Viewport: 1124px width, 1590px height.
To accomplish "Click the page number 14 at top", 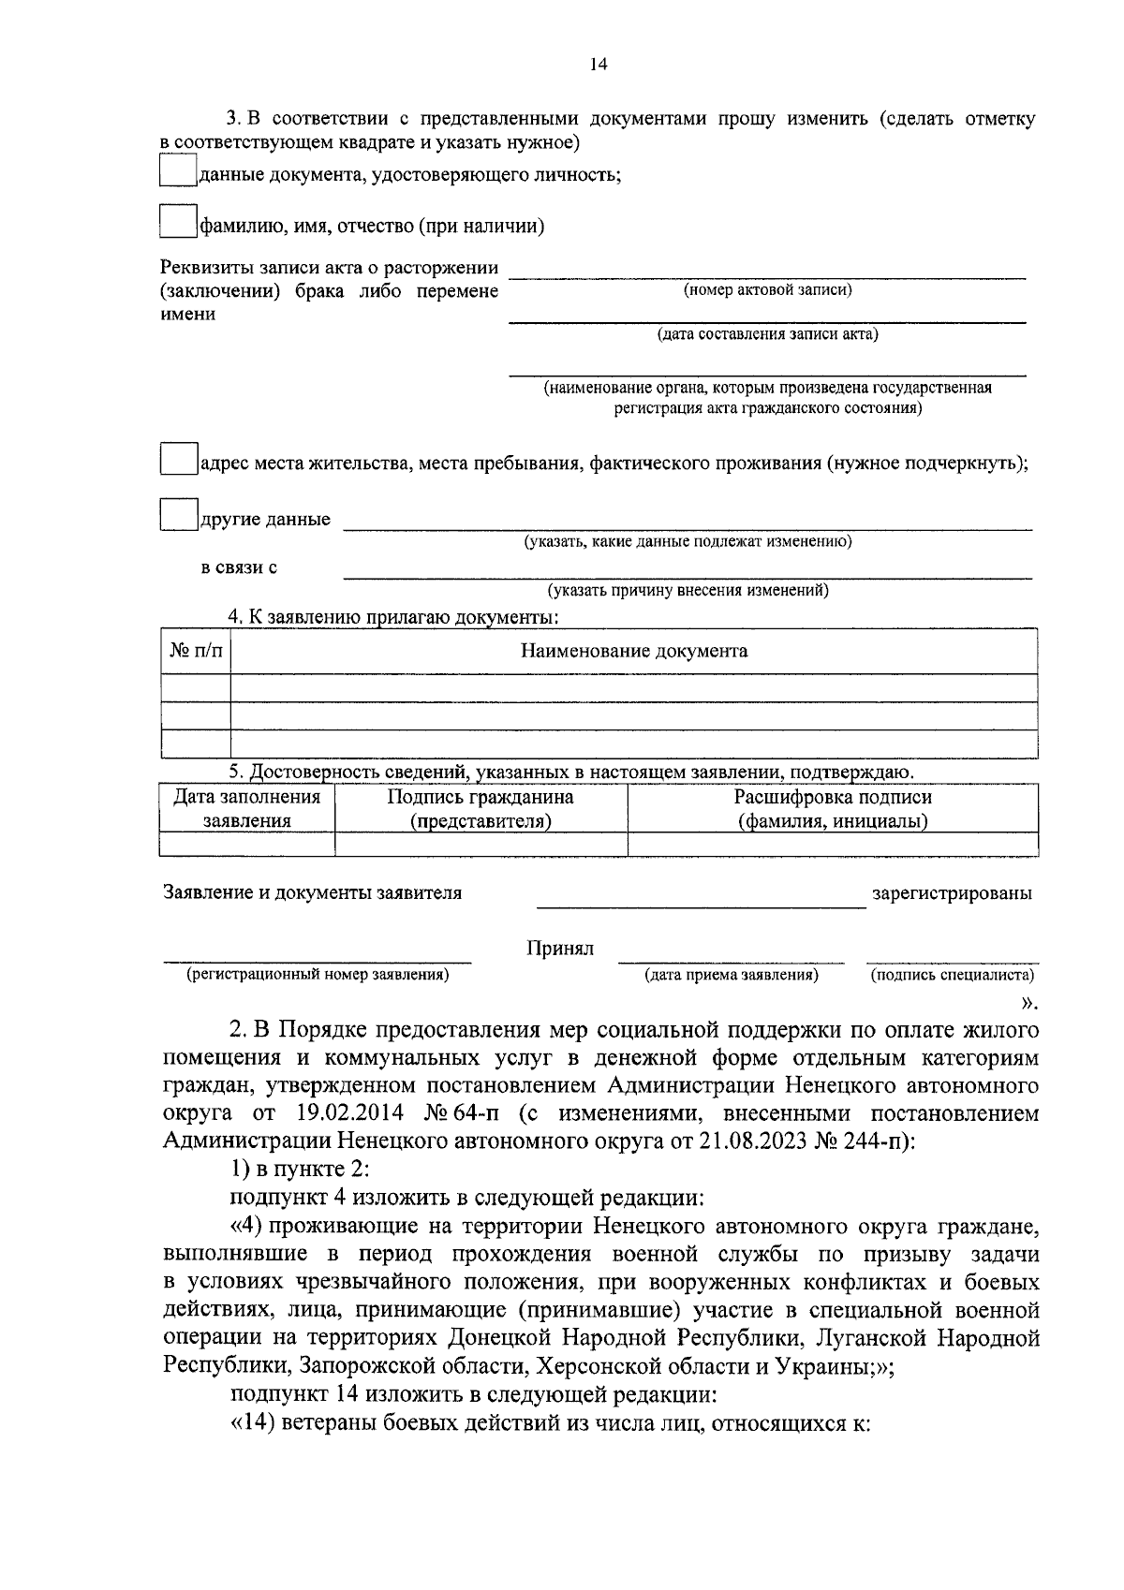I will tap(599, 65).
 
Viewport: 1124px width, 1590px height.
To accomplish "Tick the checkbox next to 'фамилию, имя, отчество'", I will tap(178, 222).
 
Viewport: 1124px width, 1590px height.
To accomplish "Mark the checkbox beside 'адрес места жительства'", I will tap(178, 460).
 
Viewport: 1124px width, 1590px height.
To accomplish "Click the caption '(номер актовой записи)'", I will tap(767, 290).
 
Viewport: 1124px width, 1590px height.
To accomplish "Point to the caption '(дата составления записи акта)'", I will tap(767, 334).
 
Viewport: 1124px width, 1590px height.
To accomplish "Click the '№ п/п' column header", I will tap(196, 651).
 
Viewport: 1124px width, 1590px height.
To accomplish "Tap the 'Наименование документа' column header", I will tap(634, 651).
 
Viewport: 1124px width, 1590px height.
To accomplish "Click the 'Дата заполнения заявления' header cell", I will tap(247, 809).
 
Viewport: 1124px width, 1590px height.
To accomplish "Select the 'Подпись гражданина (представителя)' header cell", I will tap(481, 809).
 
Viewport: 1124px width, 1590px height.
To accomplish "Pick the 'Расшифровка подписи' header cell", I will tap(832, 809).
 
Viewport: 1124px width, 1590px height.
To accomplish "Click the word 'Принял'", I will tap(560, 949).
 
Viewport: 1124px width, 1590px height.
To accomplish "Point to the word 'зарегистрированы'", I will tap(952, 893).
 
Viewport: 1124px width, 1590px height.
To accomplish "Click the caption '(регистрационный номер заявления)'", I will tap(318, 975).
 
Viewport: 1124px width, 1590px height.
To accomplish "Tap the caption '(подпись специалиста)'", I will tap(952, 975).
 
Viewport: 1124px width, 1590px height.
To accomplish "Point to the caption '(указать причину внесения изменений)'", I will tap(688, 591).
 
